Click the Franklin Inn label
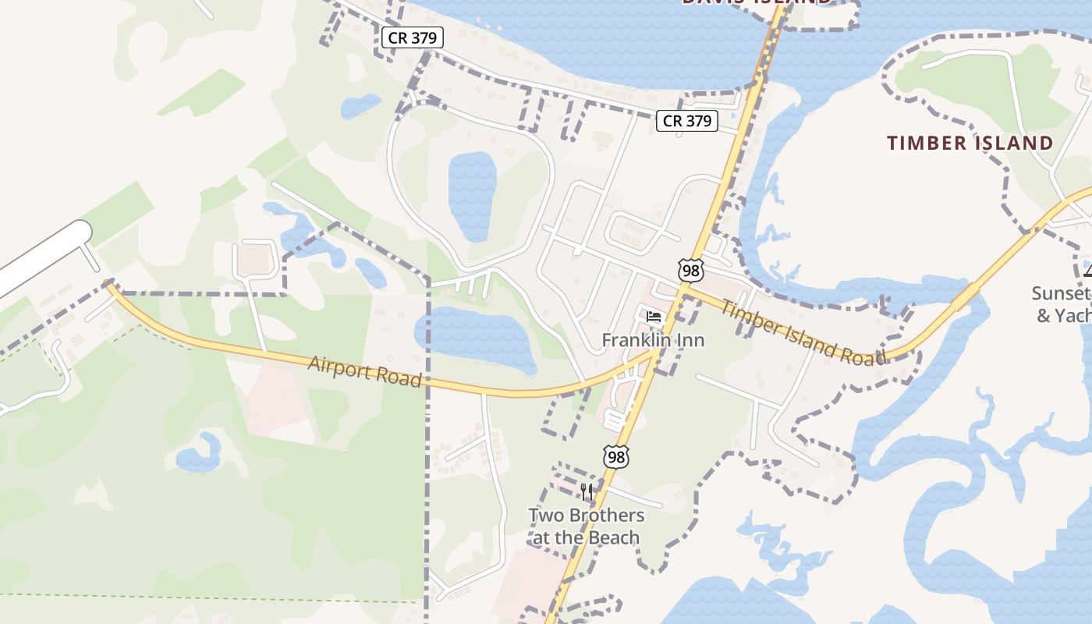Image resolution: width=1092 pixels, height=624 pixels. point(653,340)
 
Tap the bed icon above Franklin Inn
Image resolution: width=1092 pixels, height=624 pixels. point(654,317)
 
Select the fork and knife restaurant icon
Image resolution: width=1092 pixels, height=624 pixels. point(587,492)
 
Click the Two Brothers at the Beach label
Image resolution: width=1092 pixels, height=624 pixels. point(587,526)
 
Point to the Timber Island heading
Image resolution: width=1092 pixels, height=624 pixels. point(970,143)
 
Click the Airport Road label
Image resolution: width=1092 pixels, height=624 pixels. point(364,372)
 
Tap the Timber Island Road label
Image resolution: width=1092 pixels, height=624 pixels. point(803,332)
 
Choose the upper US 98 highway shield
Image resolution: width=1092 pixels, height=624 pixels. point(690,271)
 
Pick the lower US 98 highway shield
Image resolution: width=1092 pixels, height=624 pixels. point(616,457)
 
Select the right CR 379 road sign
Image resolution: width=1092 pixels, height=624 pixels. point(686,121)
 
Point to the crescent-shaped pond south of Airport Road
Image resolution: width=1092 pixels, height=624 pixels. point(200,456)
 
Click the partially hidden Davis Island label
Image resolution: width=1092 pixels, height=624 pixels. point(757,3)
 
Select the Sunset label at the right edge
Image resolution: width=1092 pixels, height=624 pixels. point(1061,294)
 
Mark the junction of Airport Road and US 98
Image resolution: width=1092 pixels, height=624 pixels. point(655,353)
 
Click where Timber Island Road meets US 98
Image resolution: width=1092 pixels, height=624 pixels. point(683,291)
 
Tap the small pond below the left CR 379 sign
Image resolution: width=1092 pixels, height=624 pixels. point(360,105)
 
